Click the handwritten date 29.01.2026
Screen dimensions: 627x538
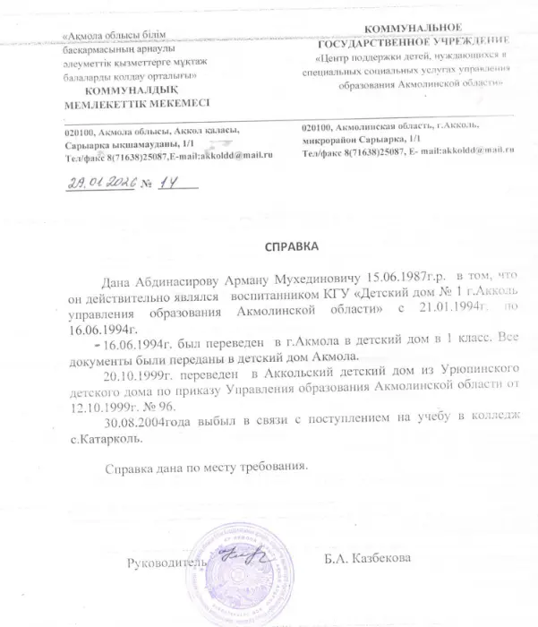[x=101, y=184]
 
